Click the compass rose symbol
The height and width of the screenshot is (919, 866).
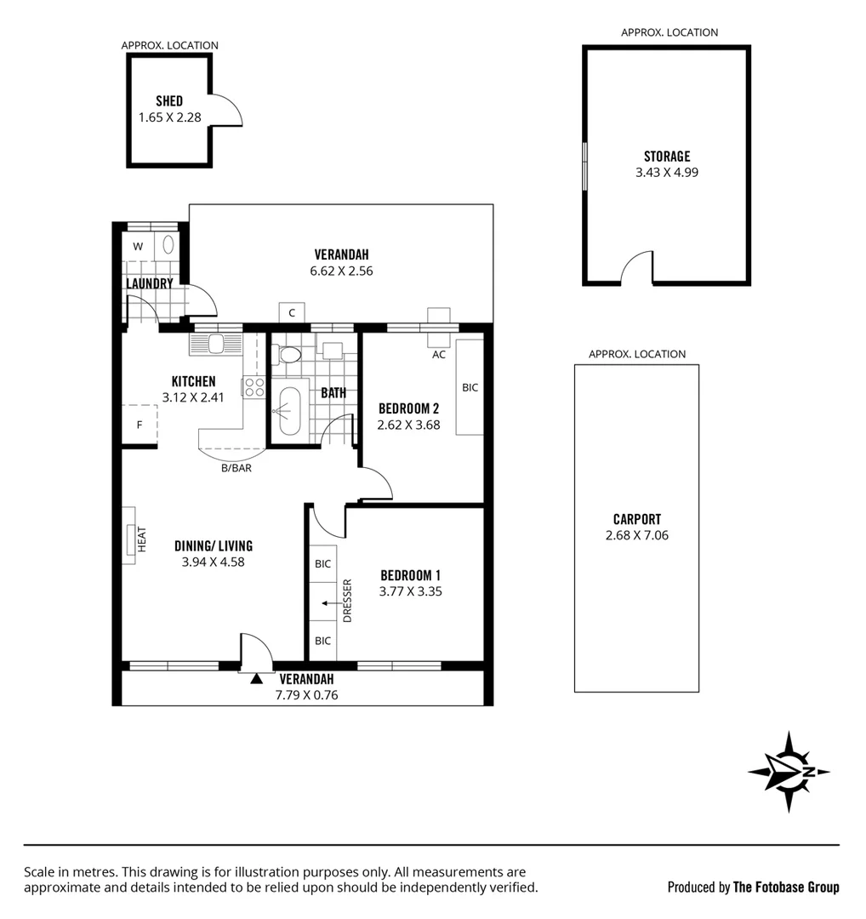789,771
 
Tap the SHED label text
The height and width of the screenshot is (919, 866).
169,101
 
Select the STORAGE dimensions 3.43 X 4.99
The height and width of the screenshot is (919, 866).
667,172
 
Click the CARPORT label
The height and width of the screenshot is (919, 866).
636,519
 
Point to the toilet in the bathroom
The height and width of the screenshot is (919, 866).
289,355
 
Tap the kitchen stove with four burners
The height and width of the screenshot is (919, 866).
254,388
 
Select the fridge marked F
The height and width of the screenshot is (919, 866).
140,425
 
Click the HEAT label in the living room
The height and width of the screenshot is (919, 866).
142,539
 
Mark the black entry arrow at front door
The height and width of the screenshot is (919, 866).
256,678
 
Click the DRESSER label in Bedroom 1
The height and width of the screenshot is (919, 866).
347,601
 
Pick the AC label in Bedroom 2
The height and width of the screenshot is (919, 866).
439,355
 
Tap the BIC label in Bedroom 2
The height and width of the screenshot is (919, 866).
470,387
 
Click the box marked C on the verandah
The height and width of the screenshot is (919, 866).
292,312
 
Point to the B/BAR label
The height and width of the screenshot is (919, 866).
236,468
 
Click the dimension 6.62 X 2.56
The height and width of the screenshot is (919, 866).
343,271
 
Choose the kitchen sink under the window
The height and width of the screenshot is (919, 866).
216,344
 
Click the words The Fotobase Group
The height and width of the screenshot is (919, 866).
786,888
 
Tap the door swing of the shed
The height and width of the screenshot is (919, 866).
227,111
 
